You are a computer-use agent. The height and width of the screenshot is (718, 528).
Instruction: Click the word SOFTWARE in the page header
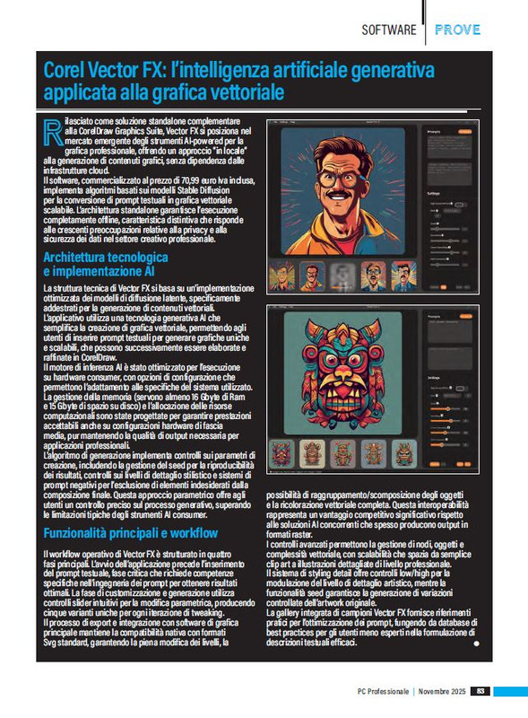[388, 30]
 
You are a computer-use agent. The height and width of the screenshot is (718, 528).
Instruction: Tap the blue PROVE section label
[457, 30]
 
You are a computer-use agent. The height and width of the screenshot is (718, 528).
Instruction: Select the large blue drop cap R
[52, 134]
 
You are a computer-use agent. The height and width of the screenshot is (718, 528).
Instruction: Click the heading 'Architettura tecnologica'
[105, 258]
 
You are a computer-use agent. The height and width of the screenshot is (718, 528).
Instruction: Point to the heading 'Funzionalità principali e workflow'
[130, 533]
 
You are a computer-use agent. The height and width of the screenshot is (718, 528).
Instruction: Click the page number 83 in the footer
[481, 691]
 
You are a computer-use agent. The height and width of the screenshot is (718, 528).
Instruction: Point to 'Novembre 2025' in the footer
[442, 691]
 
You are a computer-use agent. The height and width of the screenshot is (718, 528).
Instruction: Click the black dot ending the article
[476, 644]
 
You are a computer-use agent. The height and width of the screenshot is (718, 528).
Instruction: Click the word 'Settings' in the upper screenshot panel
[434, 192]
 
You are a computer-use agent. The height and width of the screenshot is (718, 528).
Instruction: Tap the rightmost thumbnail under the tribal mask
[403, 452]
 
